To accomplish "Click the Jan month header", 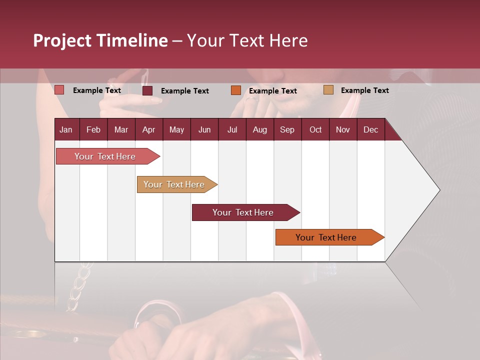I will coord(66,129).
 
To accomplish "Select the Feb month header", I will coord(93,129).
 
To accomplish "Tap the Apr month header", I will coord(148,129).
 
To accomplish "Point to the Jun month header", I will coord(204,129).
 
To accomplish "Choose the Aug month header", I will coord(259,129).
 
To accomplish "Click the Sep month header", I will coord(287,129).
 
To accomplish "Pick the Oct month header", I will coord(315,129).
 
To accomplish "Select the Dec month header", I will coord(370,129).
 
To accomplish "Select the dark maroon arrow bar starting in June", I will coord(243,212).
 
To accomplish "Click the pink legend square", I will coord(59,90).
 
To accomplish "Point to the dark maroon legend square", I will coord(147,90).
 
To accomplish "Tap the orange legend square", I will coord(236,90).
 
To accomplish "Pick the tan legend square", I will coord(328,90).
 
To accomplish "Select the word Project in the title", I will coord(62,40).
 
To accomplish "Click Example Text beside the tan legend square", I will coord(364,90).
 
